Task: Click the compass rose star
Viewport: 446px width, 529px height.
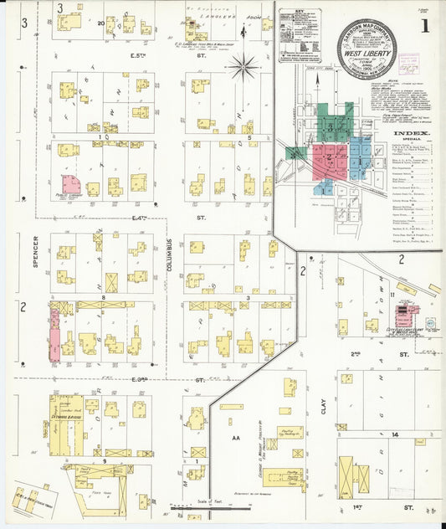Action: pos(244,64)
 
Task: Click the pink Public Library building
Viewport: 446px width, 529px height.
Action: pos(70,185)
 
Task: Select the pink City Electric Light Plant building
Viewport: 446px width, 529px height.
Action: pos(407,311)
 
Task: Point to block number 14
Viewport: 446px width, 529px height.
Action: pos(392,437)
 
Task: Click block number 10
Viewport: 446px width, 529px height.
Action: pos(102,137)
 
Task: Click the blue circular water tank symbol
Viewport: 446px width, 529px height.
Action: pos(430,322)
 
